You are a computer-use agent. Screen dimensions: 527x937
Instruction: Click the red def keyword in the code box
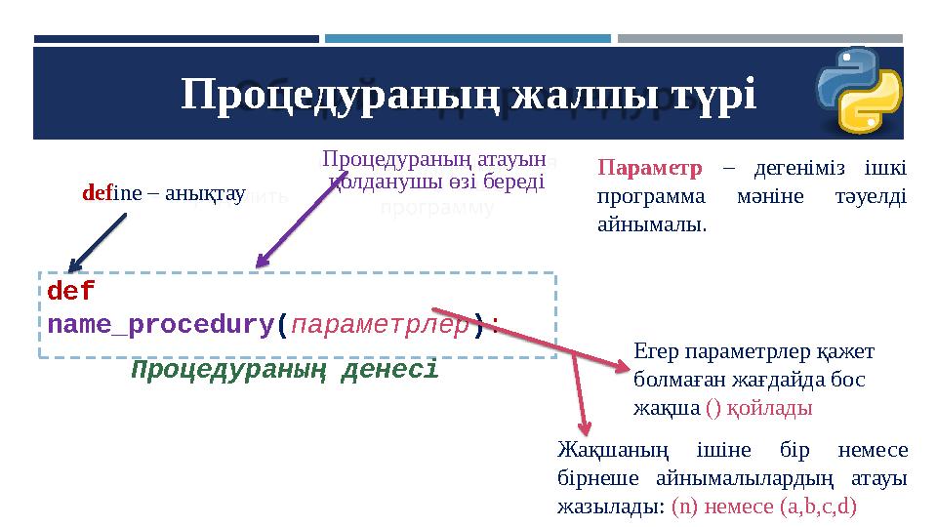pyautogui.click(x=70, y=291)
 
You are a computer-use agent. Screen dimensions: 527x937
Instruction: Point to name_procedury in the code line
pyautogui.click(x=161, y=324)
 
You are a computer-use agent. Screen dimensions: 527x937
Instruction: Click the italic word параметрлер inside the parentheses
pyautogui.click(x=381, y=324)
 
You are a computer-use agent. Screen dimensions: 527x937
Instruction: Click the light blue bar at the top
pyautogui.click(x=468, y=39)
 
